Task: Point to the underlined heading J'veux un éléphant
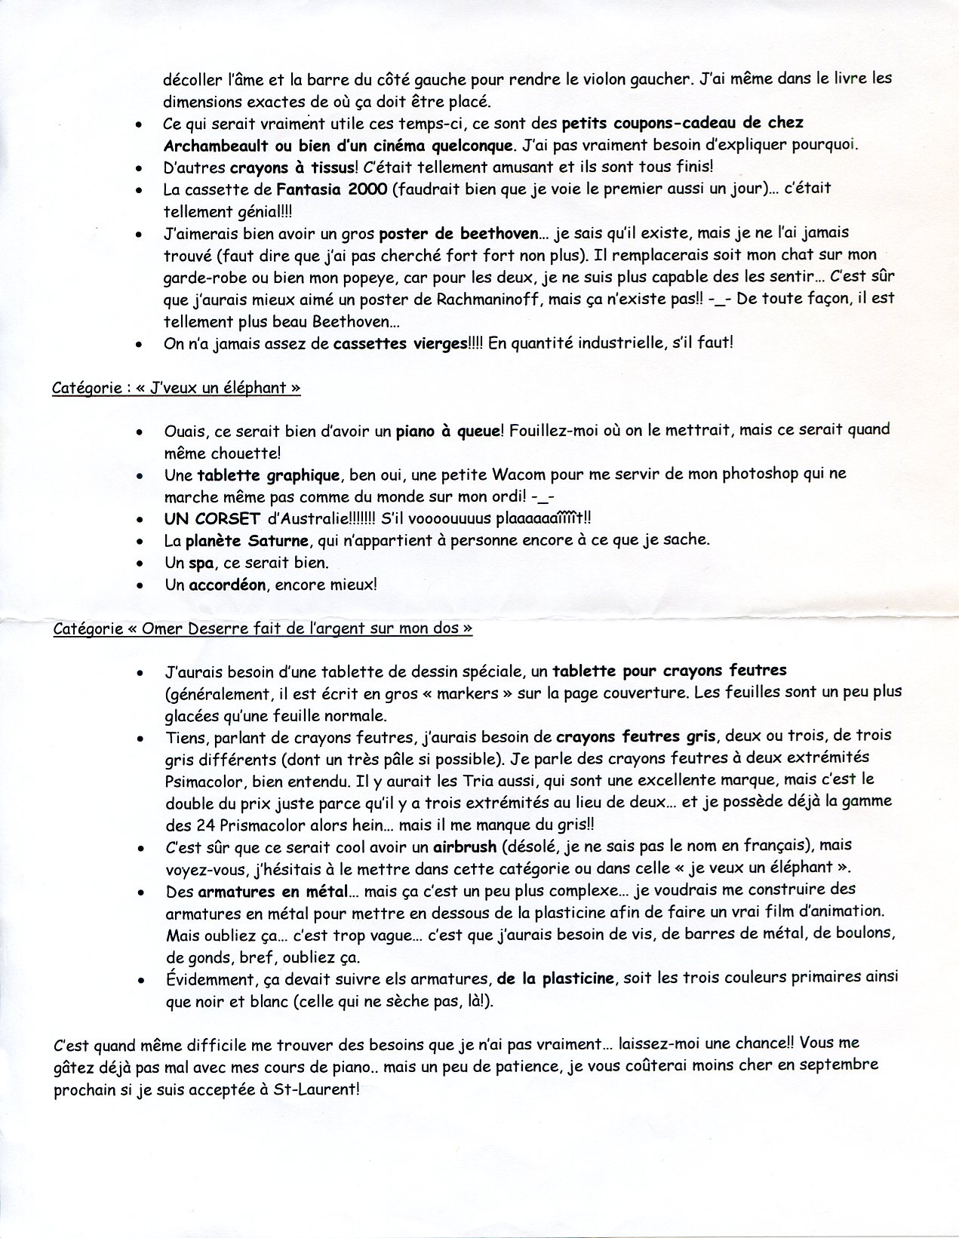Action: pyautogui.click(x=177, y=389)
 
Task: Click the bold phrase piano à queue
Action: pyautogui.click(x=448, y=431)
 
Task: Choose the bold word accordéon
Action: pyautogui.click(x=226, y=585)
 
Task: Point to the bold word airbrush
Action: pyautogui.click(x=466, y=846)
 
